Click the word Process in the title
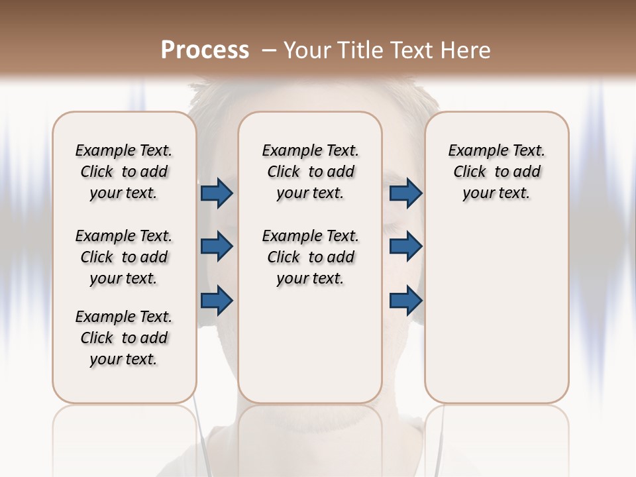point(205,50)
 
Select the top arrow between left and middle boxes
point(217,193)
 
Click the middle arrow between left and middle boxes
point(217,246)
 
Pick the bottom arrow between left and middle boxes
point(217,301)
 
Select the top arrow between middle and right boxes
point(405,193)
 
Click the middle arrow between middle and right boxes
point(405,246)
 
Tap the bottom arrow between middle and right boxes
point(405,301)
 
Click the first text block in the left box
point(124,172)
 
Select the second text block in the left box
point(124,257)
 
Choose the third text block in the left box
point(124,338)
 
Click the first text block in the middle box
point(311,172)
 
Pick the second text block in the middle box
point(311,257)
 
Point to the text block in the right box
point(497,172)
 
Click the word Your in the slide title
point(307,50)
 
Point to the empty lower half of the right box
point(497,318)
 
